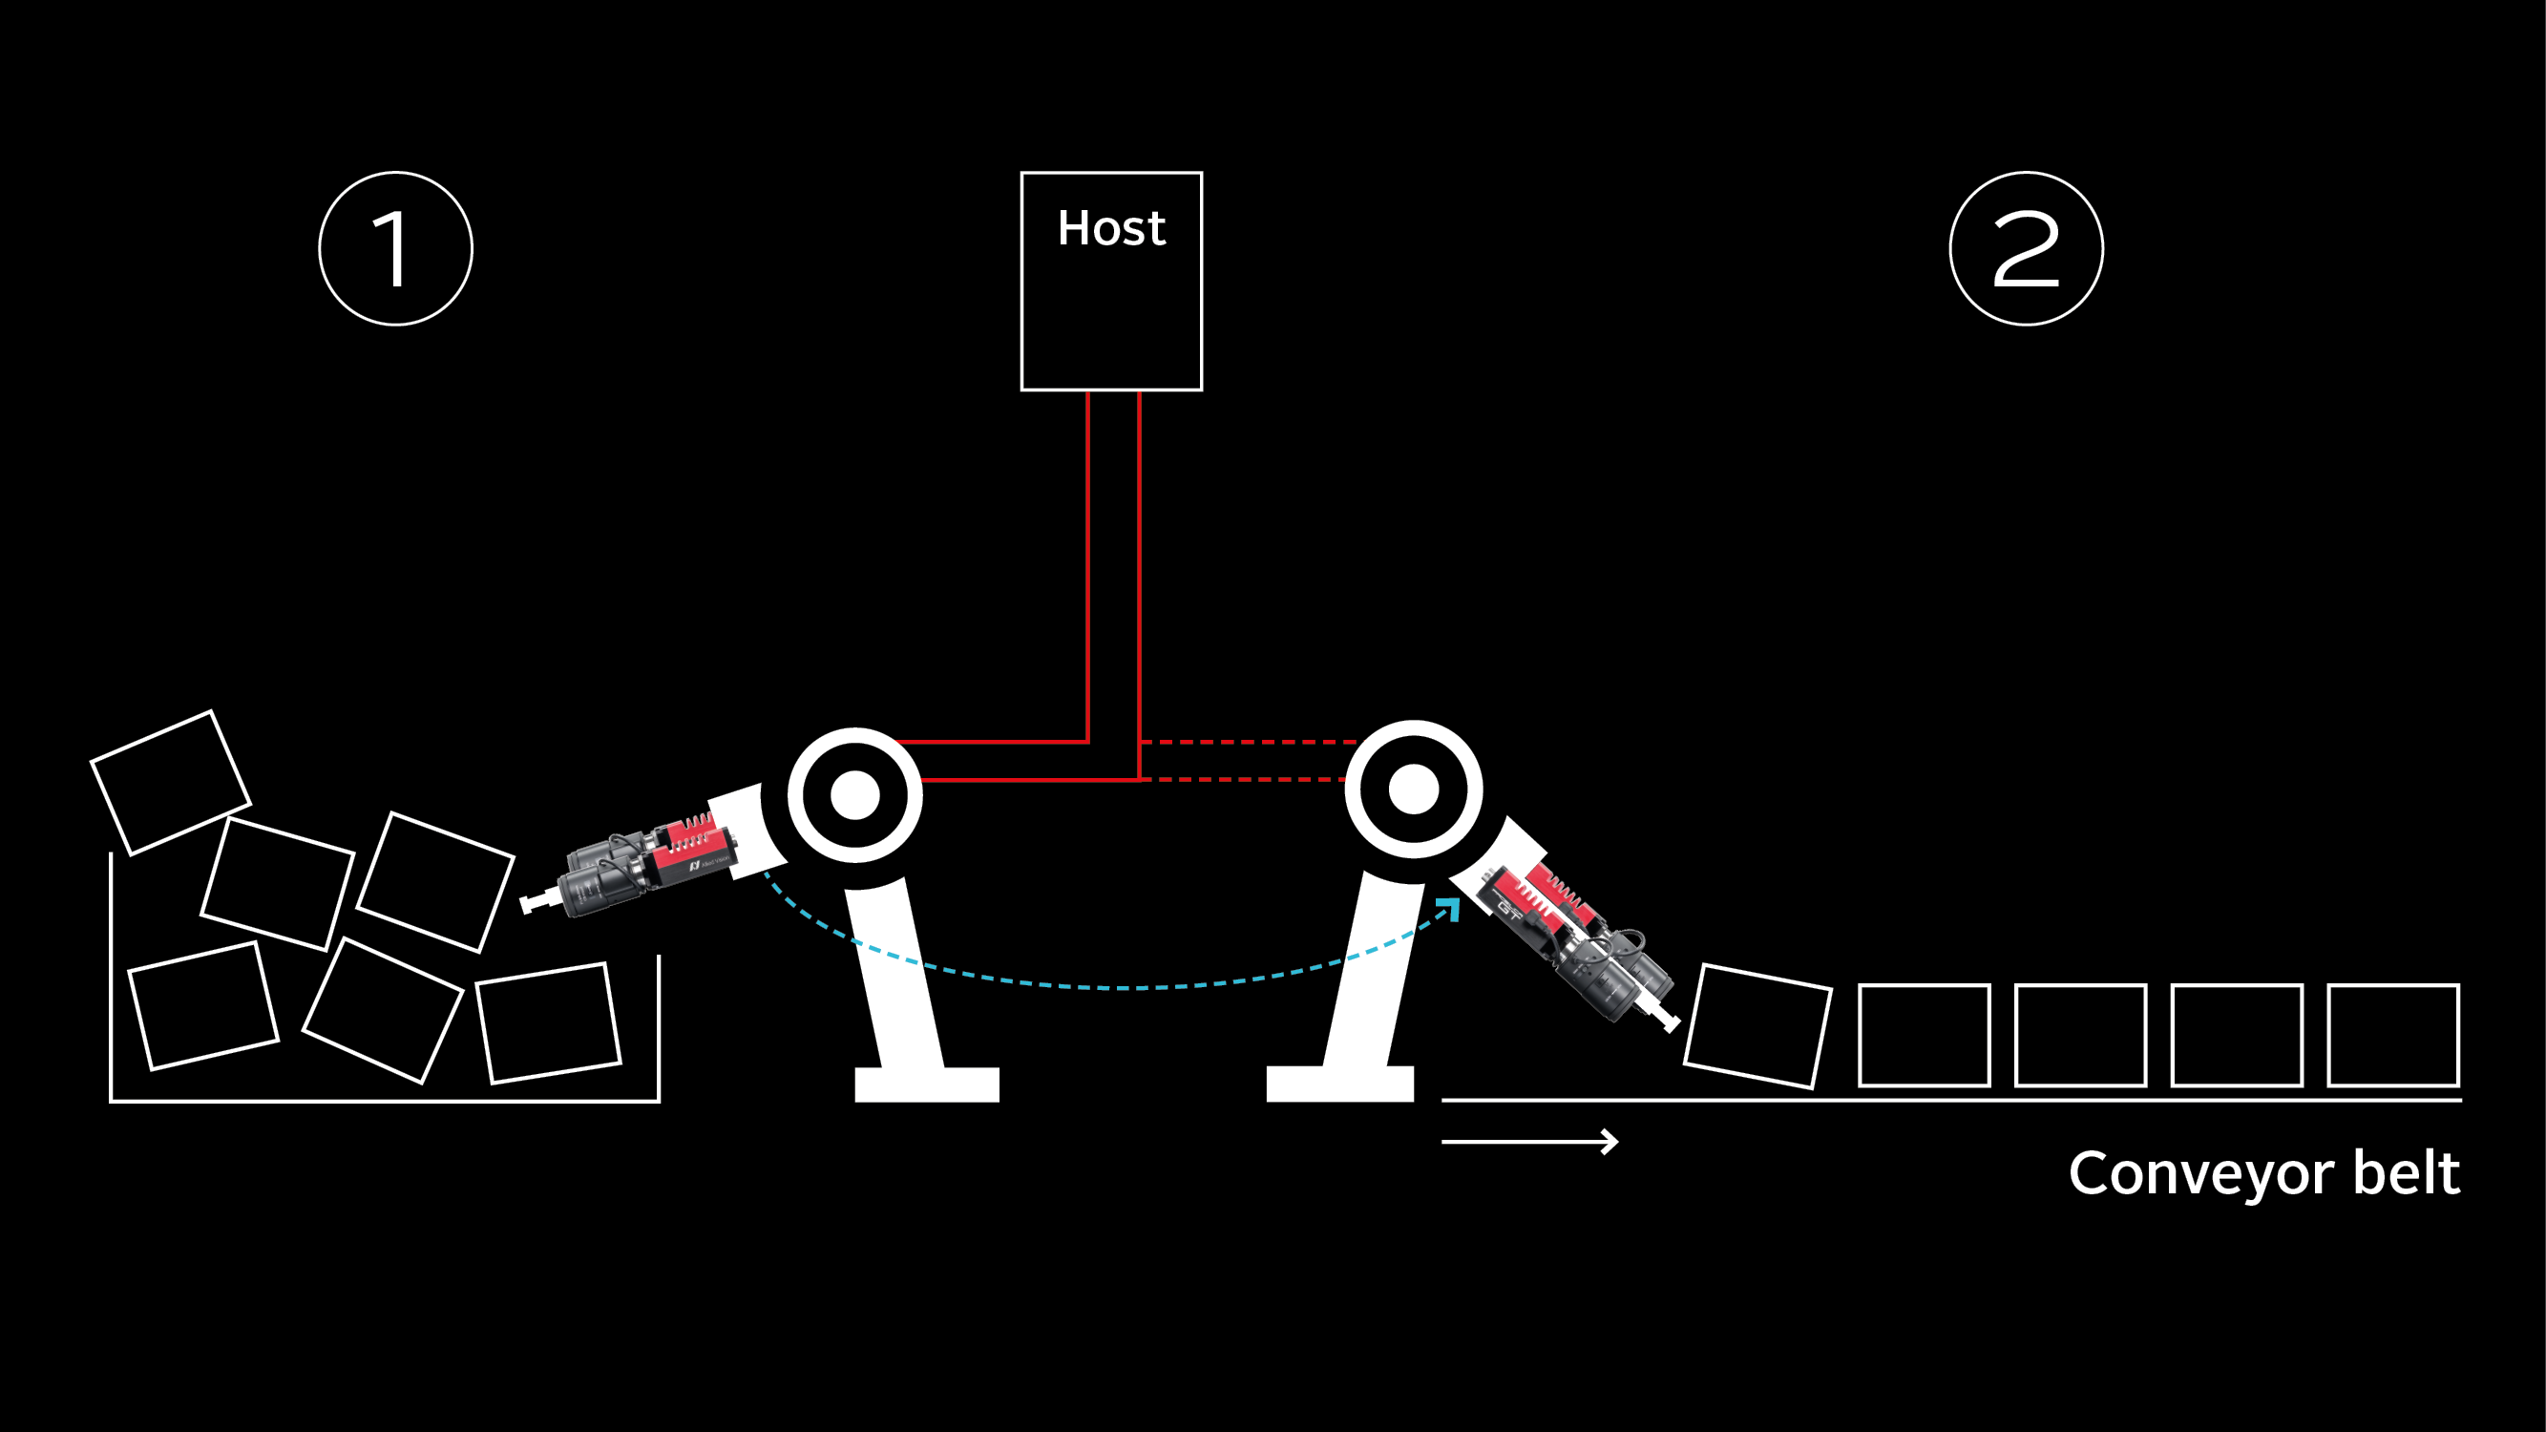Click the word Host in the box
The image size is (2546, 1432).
(1111, 228)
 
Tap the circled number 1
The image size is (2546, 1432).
(395, 248)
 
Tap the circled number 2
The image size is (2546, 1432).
(2026, 248)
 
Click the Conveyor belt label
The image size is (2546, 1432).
(2263, 1173)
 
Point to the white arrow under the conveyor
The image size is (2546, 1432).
(1530, 1142)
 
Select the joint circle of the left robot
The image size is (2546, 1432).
(855, 794)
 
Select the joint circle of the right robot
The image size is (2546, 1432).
(1414, 789)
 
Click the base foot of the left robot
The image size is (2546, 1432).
(926, 1085)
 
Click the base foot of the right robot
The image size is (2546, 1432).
(1339, 1084)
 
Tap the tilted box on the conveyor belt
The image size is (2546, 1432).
(1757, 1026)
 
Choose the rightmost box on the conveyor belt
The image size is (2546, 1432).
(2393, 1035)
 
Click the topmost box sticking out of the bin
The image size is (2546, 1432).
(170, 782)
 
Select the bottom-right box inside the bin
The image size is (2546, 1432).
(549, 1022)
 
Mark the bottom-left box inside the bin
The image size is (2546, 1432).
(203, 1006)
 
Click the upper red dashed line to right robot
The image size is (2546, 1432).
(1246, 741)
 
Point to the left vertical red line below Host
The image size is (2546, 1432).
(1088, 563)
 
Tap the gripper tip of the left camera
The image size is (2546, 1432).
(531, 903)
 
